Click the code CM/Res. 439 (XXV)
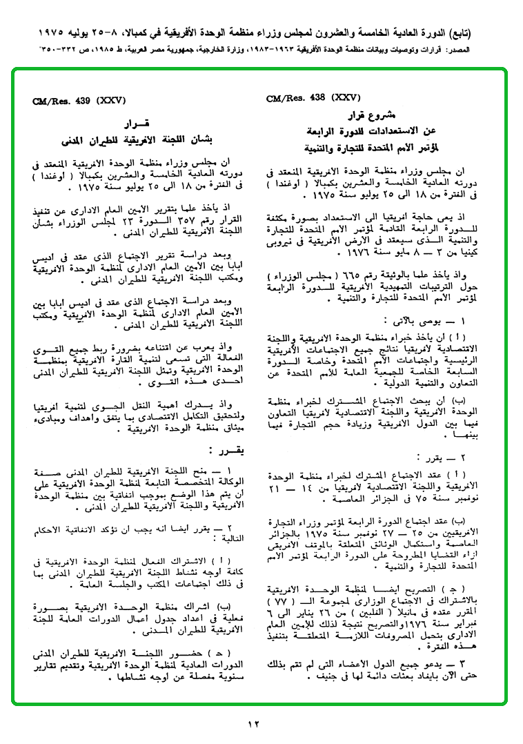pyautogui.click(x=79, y=101)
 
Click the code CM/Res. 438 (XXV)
pyautogui.click(x=313, y=98)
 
